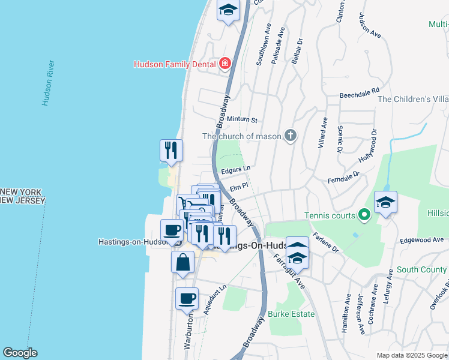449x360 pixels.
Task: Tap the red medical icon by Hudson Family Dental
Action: pos(225,63)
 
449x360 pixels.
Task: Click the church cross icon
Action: pos(290,136)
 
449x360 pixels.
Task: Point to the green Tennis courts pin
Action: pos(363,214)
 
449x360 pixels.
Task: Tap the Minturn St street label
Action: pos(242,121)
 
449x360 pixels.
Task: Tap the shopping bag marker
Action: pos(182,262)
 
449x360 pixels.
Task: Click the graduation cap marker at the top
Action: pos(228,10)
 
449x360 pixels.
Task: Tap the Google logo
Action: pos(20,353)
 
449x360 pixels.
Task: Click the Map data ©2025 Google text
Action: pos(411,355)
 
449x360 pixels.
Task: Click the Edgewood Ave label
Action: pos(421,240)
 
